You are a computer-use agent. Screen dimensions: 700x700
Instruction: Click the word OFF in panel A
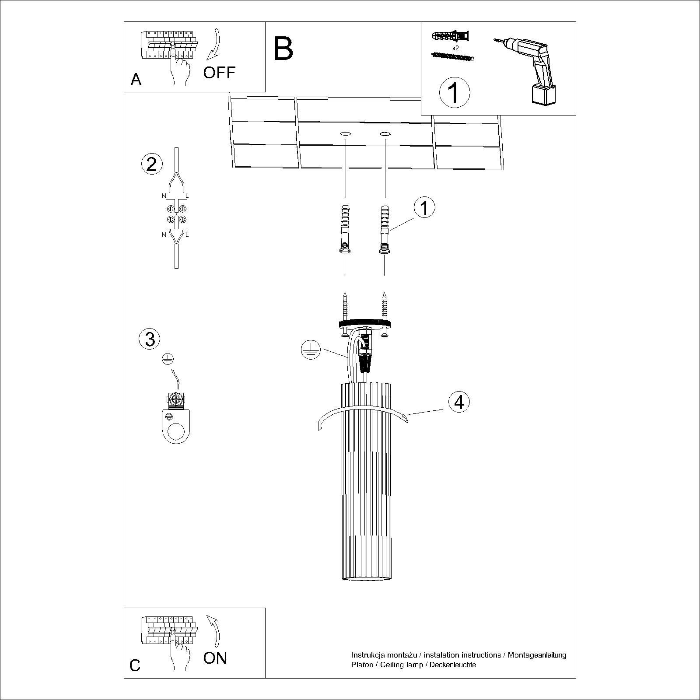click(x=219, y=73)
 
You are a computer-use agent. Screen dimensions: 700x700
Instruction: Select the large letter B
click(x=283, y=49)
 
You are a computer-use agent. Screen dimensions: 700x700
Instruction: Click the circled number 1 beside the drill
click(x=454, y=93)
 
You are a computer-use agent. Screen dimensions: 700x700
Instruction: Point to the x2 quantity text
click(x=455, y=48)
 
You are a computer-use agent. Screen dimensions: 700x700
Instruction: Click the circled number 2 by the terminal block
click(x=152, y=164)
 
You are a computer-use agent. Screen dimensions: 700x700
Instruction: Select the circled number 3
click(x=150, y=339)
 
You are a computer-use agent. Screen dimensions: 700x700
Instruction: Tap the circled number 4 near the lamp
click(x=459, y=402)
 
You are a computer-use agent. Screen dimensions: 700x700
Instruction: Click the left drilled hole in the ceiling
click(x=345, y=133)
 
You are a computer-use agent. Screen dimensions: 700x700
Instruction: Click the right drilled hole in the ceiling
click(x=385, y=133)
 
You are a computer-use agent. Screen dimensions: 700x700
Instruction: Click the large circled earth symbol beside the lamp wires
click(x=311, y=351)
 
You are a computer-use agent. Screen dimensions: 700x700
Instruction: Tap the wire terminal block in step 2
click(x=176, y=213)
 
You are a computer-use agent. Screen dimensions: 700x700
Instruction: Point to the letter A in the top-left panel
click(x=136, y=80)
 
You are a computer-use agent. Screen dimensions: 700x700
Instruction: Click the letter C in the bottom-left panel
click(x=135, y=678)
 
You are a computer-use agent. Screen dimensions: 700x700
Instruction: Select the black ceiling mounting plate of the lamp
click(x=365, y=324)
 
